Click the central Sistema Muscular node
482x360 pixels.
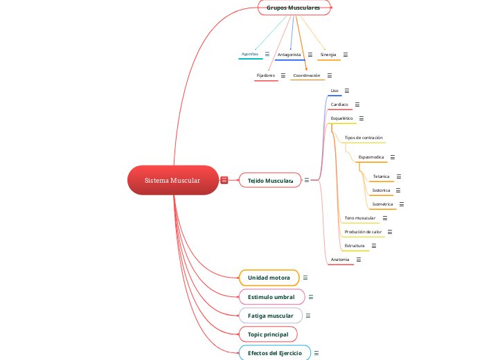pyautogui.click(x=172, y=180)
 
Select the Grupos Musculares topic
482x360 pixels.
pyautogui.click(x=294, y=7)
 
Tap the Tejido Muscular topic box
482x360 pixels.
pyautogui.click(x=270, y=181)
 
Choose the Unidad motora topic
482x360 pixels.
pyautogui.click(x=269, y=278)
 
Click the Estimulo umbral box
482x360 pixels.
pyautogui.click(x=271, y=297)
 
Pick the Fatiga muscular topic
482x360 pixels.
pyautogui.click(x=270, y=316)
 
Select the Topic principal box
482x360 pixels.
pyautogui.click(x=267, y=334)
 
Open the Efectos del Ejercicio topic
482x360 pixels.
pyautogui.click(x=274, y=353)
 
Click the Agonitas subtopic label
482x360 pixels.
pyautogui.click(x=249, y=54)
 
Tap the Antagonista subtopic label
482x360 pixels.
pyautogui.click(x=289, y=54)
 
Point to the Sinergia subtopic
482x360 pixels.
pyautogui.click(x=328, y=54)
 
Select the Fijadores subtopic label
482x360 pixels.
pyautogui.click(x=266, y=75)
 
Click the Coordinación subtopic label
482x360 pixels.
pyautogui.click(x=307, y=75)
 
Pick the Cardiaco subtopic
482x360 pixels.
pyautogui.click(x=339, y=105)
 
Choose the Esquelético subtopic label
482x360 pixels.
pyautogui.click(x=342, y=118)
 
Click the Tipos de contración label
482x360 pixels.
pyautogui.click(x=364, y=138)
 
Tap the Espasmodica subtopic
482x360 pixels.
pyautogui.click(x=371, y=157)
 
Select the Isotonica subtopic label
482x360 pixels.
pyautogui.click(x=381, y=190)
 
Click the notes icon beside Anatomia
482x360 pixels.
pyautogui.click(x=359, y=260)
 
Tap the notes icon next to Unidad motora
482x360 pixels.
pyautogui.click(x=305, y=278)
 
